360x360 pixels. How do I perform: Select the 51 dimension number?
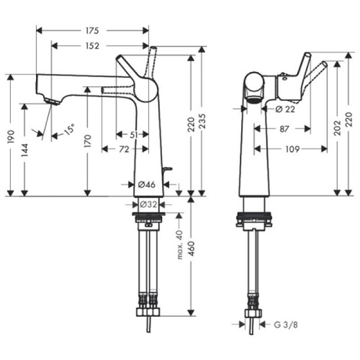coord(133,135)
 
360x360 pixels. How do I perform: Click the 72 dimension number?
coord(124,149)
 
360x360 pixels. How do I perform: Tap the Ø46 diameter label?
coord(148,184)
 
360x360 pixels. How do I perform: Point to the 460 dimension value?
coord(192,253)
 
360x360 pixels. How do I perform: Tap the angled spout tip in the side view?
coord(50,101)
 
